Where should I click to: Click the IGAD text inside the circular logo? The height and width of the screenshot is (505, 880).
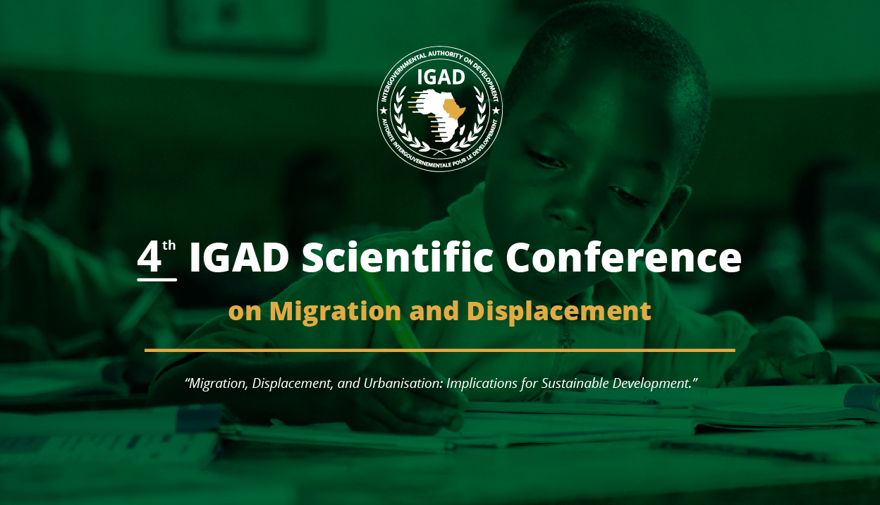(441, 77)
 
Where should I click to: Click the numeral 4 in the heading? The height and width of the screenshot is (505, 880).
(149, 258)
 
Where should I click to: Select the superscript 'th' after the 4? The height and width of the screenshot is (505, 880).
(169, 245)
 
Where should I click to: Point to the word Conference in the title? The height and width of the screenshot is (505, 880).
(623, 257)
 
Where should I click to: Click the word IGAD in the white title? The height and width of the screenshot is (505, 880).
(239, 257)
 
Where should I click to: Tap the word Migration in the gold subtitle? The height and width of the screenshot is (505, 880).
(335, 312)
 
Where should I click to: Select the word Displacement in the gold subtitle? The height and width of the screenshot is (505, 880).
(559, 311)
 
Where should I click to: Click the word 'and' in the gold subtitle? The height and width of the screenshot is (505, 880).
(434, 311)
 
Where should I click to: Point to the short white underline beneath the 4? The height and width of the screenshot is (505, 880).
(157, 280)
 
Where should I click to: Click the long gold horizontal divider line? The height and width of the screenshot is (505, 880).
(440, 350)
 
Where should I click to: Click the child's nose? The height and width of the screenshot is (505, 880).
(569, 214)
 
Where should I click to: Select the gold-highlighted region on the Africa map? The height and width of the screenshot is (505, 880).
(453, 109)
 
